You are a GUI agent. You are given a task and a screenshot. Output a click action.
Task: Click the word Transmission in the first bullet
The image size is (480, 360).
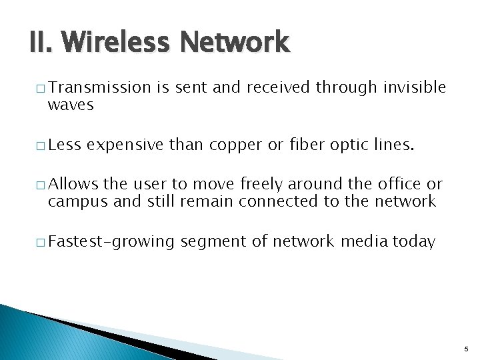pyautogui.click(x=100, y=87)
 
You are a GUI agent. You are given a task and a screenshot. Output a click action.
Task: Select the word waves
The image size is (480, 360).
pyautogui.click(x=71, y=105)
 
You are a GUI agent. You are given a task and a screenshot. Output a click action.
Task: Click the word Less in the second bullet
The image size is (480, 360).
pyautogui.click(x=64, y=145)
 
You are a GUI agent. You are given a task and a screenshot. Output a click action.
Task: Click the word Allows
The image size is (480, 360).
pyautogui.click(x=73, y=184)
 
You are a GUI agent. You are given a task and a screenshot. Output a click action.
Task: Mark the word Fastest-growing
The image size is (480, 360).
pyautogui.click(x=111, y=241)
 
